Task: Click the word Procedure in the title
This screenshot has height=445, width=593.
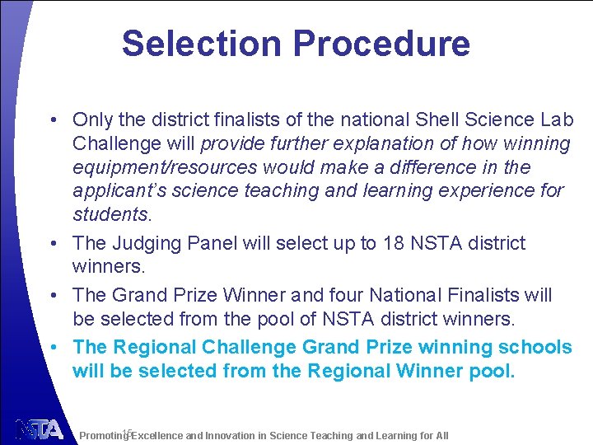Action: click(374, 43)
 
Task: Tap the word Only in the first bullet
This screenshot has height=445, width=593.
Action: click(91, 120)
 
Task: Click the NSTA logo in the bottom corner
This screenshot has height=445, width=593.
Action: click(39, 430)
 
